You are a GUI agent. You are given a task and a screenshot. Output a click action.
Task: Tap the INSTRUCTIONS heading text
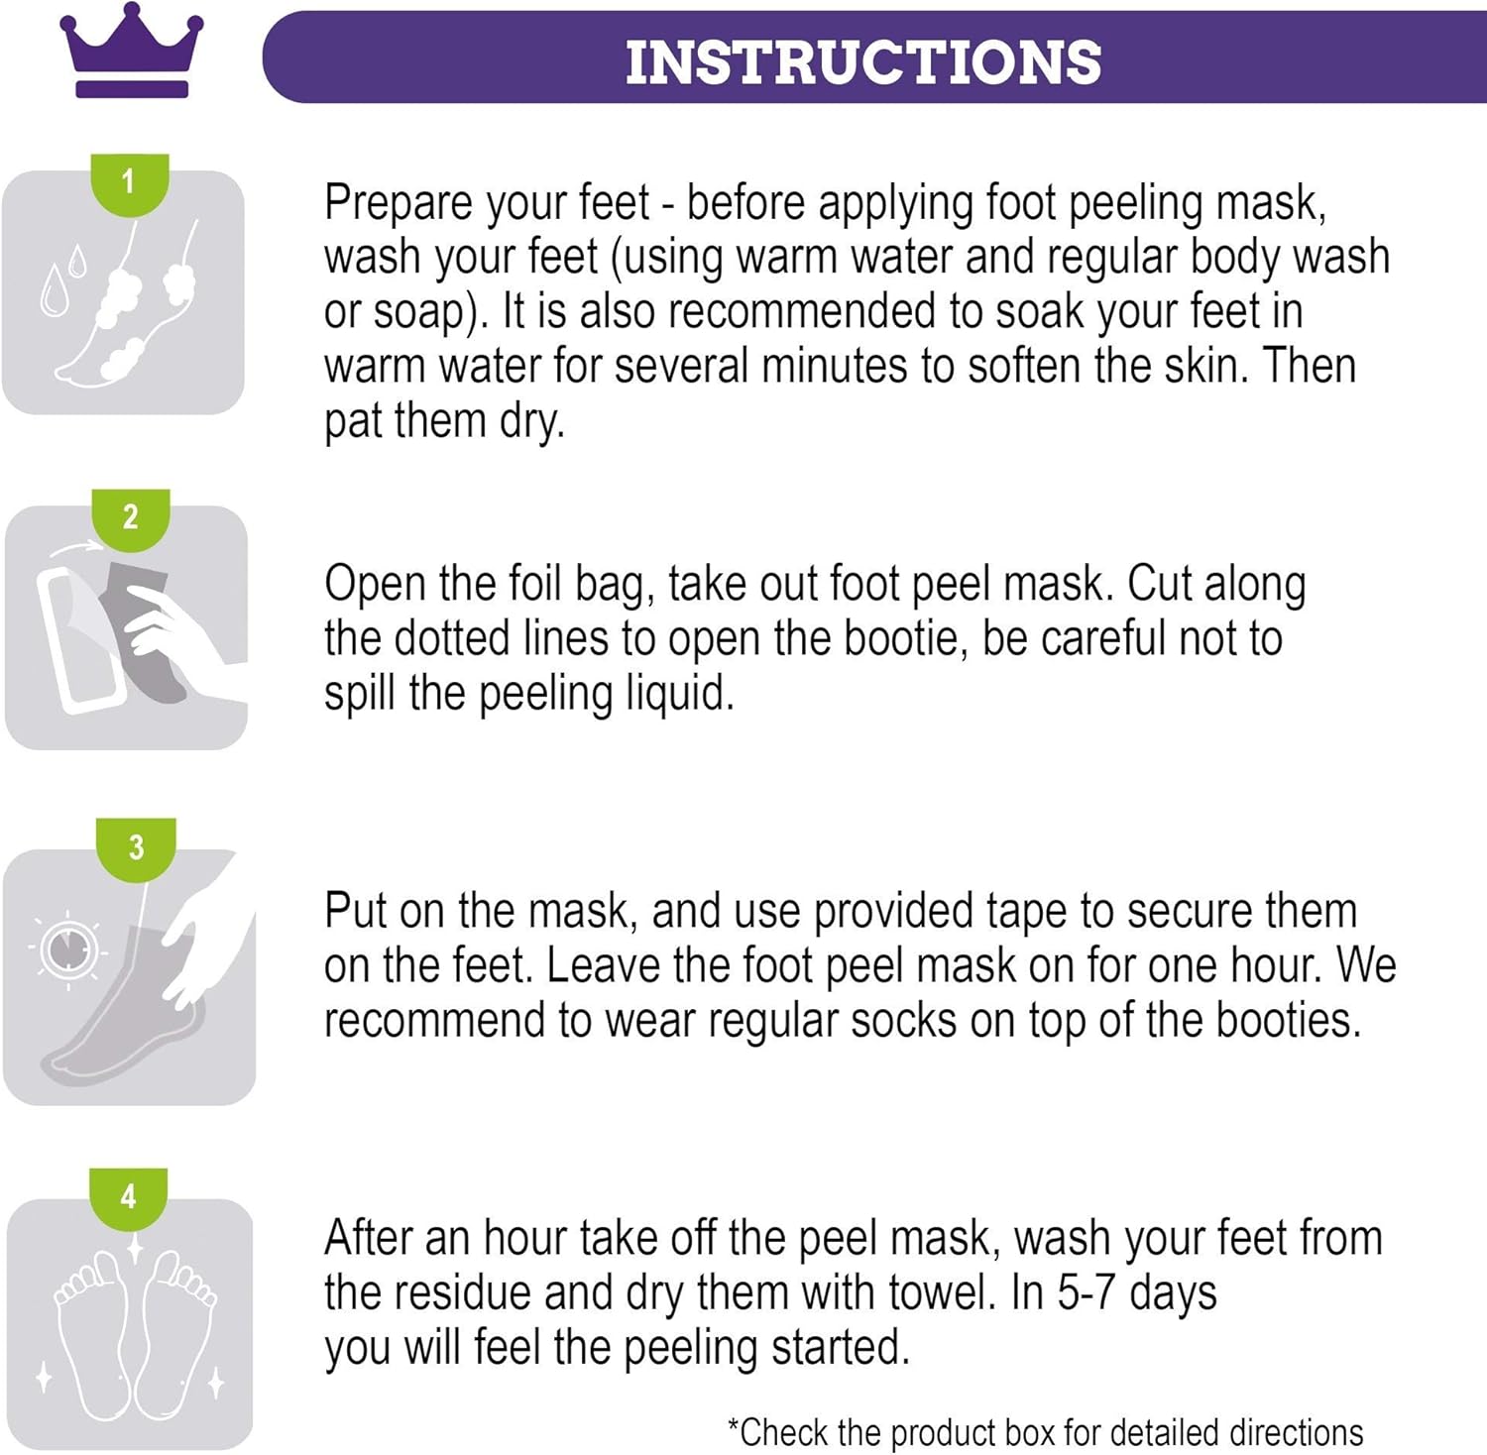863,62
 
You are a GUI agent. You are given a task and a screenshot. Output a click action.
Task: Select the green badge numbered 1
129,184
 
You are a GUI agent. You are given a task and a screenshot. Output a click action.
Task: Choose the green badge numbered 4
129,1198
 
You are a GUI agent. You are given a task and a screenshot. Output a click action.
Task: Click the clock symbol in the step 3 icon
67,950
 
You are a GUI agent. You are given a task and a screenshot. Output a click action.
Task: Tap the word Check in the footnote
785,1433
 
